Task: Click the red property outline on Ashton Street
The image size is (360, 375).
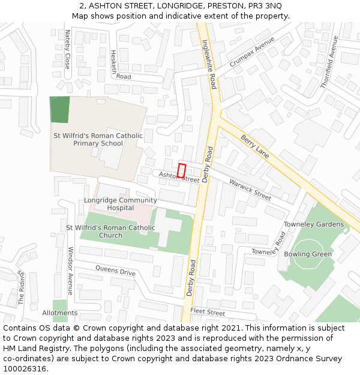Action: (182, 170)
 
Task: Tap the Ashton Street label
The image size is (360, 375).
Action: (179, 176)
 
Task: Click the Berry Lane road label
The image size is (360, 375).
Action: (255, 146)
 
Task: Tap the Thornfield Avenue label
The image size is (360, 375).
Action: (329, 62)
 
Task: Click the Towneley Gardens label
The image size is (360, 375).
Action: (314, 224)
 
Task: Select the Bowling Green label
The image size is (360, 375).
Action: (308, 254)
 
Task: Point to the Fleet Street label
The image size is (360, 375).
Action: (208, 313)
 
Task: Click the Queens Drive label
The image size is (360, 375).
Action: (115, 271)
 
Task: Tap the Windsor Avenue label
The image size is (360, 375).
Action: (70, 271)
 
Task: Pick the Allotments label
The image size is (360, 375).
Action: (60, 313)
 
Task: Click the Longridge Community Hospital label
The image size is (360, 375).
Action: (120, 204)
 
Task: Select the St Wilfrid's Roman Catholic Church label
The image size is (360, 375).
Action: (110, 232)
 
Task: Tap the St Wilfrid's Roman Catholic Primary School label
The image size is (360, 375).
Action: (98, 140)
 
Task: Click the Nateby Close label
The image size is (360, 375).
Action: (67, 49)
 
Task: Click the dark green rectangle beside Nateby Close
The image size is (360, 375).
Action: (59, 110)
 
